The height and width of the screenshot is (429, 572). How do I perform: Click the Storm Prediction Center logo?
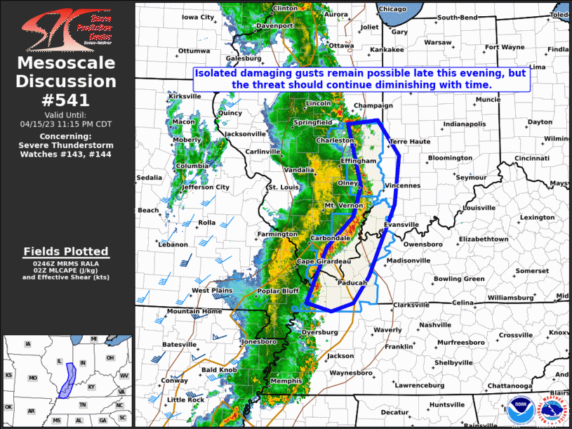click(x=67, y=29)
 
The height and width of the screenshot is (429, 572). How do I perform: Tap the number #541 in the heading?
click(x=67, y=100)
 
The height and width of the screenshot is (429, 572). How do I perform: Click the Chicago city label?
click(x=392, y=9)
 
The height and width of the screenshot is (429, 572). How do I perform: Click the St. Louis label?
click(x=284, y=188)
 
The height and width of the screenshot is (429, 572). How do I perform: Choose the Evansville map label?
click(x=401, y=225)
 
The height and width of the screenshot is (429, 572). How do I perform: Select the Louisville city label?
click(x=459, y=208)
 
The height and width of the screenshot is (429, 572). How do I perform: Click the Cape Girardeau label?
click(x=324, y=261)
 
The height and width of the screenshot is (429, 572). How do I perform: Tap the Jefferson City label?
click(x=206, y=187)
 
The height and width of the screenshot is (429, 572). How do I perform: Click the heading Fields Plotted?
click(x=66, y=251)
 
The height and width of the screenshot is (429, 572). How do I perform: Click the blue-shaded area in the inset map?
click(x=69, y=380)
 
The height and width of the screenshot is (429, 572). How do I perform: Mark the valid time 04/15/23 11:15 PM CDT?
click(x=67, y=123)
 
